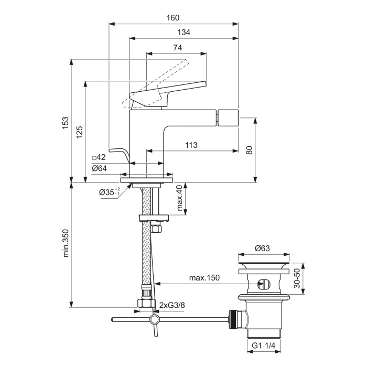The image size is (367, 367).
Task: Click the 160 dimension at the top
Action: coord(173,17)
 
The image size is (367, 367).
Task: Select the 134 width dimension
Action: coord(183,33)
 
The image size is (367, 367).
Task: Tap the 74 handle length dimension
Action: coord(177,48)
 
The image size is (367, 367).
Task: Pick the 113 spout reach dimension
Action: coord(191,145)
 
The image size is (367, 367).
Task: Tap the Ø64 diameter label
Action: coord(99,168)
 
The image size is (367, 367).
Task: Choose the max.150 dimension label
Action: coord(204,277)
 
